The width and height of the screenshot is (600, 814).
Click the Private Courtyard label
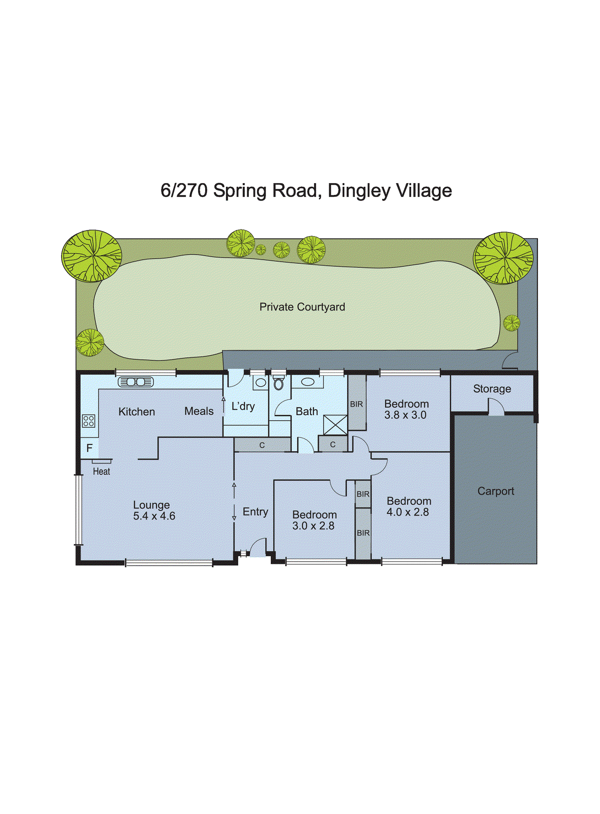[x=302, y=307]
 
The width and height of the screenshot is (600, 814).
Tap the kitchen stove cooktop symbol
[x=89, y=421]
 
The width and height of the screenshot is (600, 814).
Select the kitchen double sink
[x=135, y=382]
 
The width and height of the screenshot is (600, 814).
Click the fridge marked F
[x=90, y=448]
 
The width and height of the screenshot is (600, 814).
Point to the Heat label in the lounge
[x=101, y=472]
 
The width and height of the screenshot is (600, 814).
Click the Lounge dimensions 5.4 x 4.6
[x=154, y=516]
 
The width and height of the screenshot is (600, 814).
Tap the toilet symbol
[x=278, y=383]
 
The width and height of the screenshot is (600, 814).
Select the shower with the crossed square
[x=335, y=425]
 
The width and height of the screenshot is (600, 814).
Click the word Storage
[x=492, y=389]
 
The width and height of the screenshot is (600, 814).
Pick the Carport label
[x=495, y=491]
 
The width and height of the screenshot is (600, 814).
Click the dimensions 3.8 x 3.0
[x=405, y=415]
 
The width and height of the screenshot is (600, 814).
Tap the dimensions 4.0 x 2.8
[x=407, y=512]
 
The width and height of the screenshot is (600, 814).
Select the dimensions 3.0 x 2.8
[x=313, y=526]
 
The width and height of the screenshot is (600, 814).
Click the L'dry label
[x=243, y=406]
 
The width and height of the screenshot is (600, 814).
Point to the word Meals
[x=198, y=411]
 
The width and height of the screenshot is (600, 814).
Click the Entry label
[x=255, y=512]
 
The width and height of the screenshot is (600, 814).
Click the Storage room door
[x=496, y=408]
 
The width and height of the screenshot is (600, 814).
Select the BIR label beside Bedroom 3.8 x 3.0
[x=356, y=404]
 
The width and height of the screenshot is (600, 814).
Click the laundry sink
[x=260, y=383]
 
